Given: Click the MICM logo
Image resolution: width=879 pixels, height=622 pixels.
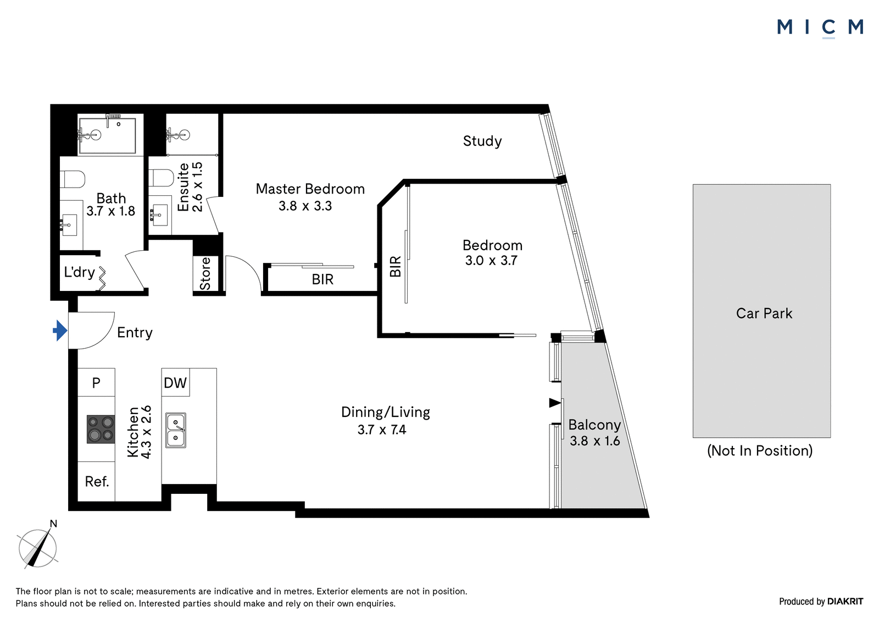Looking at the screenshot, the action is [x=820, y=28].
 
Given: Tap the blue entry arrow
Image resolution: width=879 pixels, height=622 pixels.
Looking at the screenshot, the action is [x=60, y=331].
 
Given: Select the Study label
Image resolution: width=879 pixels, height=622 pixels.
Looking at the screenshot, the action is [x=482, y=141].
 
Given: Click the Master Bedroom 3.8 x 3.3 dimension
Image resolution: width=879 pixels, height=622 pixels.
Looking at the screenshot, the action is [x=305, y=206].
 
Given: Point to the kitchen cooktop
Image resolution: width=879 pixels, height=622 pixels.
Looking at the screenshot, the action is [x=101, y=430].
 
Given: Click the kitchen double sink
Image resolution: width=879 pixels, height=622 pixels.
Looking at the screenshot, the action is [x=175, y=430].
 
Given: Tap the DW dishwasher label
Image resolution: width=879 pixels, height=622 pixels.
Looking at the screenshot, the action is [x=175, y=383].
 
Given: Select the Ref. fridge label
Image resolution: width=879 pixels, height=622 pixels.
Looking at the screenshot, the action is [x=97, y=481].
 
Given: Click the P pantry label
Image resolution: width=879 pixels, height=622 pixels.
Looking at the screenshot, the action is [x=96, y=383].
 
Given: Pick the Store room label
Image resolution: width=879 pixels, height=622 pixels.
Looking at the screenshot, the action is [x=205, y=273].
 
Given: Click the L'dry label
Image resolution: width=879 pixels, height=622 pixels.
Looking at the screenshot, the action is [x=79, y=272].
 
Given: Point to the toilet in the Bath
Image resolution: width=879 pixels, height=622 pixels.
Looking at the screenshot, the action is [x=72, y=179].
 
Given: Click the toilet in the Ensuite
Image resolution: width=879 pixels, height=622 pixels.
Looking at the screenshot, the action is [x=162, y=178].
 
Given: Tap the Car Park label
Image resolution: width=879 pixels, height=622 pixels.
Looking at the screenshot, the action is [x=764, y=313].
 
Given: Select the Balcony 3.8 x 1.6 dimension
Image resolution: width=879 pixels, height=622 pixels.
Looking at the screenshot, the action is [x=595, y=441].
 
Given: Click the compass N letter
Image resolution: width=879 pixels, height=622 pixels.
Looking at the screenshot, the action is [x=53, y=524].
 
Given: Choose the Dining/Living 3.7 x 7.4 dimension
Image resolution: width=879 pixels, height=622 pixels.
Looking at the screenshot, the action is [x=382, y=430].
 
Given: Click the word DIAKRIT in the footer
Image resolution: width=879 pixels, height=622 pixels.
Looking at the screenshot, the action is [x=845, y=601].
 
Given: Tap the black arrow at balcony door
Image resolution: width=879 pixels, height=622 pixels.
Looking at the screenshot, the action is [x=555, y=403].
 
